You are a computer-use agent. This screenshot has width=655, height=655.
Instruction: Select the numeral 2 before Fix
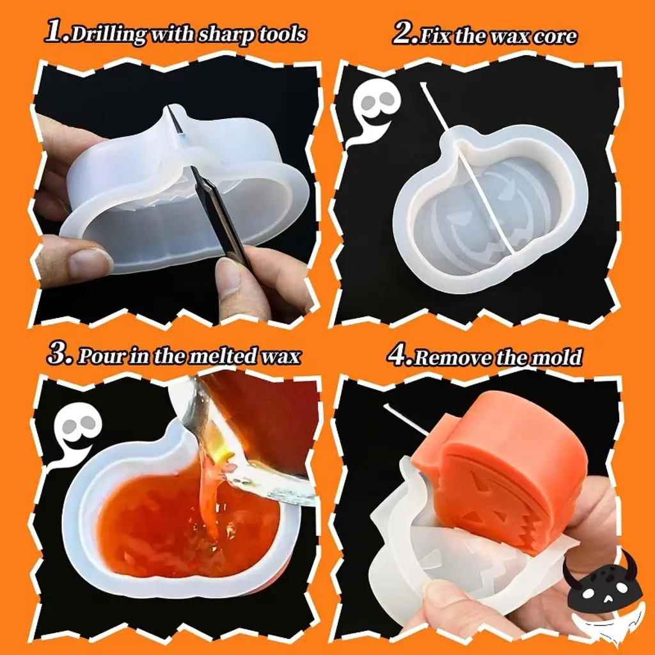click(404, 33)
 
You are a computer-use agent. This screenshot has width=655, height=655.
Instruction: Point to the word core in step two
click(555, 36)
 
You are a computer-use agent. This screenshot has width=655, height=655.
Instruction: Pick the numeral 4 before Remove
click(399, 356)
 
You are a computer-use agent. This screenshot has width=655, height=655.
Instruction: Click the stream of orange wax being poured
click(209, 493)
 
